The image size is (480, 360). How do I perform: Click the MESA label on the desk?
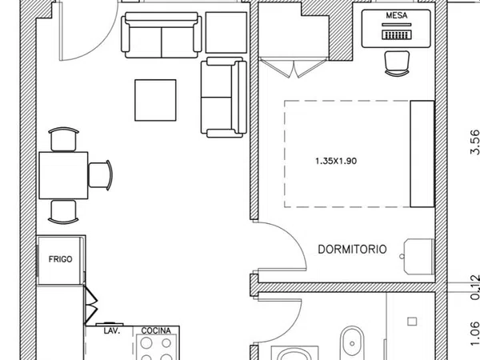pyautogui.click(x=397, y=15)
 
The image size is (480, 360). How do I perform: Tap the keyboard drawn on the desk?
pyautogui.click(x=397, y=34)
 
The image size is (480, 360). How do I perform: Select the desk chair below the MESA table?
pyautogui.click(x=397, y=63)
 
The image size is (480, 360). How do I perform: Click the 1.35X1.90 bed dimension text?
pyautogui.click(x=336, y=161)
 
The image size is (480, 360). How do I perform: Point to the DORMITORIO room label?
pyautogui.click(x=352, y=250)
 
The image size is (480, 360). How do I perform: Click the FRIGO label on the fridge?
pyautogui.click(x=60, y=259)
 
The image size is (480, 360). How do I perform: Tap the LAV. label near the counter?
pyautogui.click(x=111, y=331)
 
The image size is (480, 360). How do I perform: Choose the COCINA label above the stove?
pyautogui.click(x=156, y=331)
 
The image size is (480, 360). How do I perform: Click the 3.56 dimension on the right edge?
pyautogui.click(x=474, y=142)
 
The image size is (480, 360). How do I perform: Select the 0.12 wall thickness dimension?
pyautogui.click(x=474, y=287)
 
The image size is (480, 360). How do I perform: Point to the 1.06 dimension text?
pyautogui.click(x=474, y=334)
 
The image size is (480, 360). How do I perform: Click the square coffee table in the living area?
pyautogui.click(x=155, y=100)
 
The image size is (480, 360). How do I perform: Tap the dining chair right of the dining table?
pyautogui.click(x=101, y=175)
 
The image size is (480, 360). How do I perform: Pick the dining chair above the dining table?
pyautogui.click(x=63, y=139)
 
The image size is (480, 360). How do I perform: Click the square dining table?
pyautogui.click(x=63, y=175)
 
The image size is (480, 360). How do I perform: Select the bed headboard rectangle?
pyautogui.click(x=422, y=154)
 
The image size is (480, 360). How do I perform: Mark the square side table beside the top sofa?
pyautogui.click(x=226, y=33)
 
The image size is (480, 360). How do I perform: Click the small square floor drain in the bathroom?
pyautogui.click(x=412, y=322)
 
